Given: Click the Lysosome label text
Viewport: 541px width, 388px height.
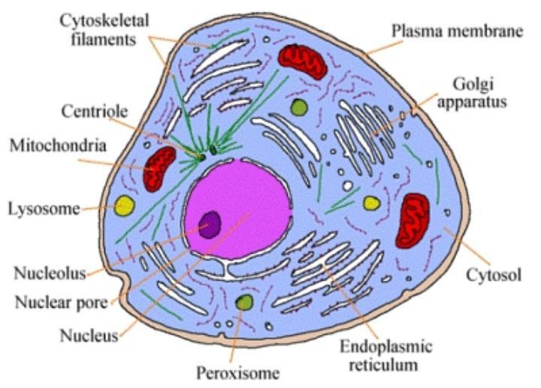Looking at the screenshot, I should click(x=43, y=208).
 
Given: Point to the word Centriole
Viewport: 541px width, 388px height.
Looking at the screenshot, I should click(x=94, y=111).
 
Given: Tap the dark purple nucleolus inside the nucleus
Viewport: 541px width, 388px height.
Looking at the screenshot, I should click(x=210, y=223).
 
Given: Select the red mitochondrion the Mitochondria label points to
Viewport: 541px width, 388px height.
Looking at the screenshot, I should click(x=159, y=168).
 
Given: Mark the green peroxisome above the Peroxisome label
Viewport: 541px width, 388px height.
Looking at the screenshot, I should click(x=243, y=302).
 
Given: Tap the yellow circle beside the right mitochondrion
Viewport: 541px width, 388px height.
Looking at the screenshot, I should click(x=371, y=203).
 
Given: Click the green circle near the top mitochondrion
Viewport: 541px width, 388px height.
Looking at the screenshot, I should click(x=299, y=108).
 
